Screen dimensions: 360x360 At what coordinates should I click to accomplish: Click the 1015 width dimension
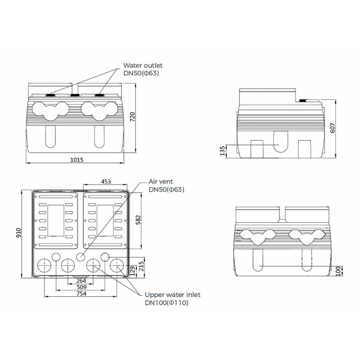point(76,160)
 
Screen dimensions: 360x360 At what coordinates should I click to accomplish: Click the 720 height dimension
point(132,117)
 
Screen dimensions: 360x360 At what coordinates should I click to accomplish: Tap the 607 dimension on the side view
point(332,128)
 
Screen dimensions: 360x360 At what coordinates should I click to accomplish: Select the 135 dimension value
point(222,151)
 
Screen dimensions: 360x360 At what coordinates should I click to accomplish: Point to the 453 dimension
point(106,182)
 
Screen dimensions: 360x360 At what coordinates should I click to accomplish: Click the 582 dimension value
point(138,220)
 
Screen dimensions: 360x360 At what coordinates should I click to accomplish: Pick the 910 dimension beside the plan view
point(18,233)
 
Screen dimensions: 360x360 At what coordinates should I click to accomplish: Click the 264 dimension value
point(81,280)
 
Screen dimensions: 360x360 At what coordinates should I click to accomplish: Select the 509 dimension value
point(81,287)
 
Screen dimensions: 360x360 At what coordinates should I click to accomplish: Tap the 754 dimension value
point(81,293)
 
